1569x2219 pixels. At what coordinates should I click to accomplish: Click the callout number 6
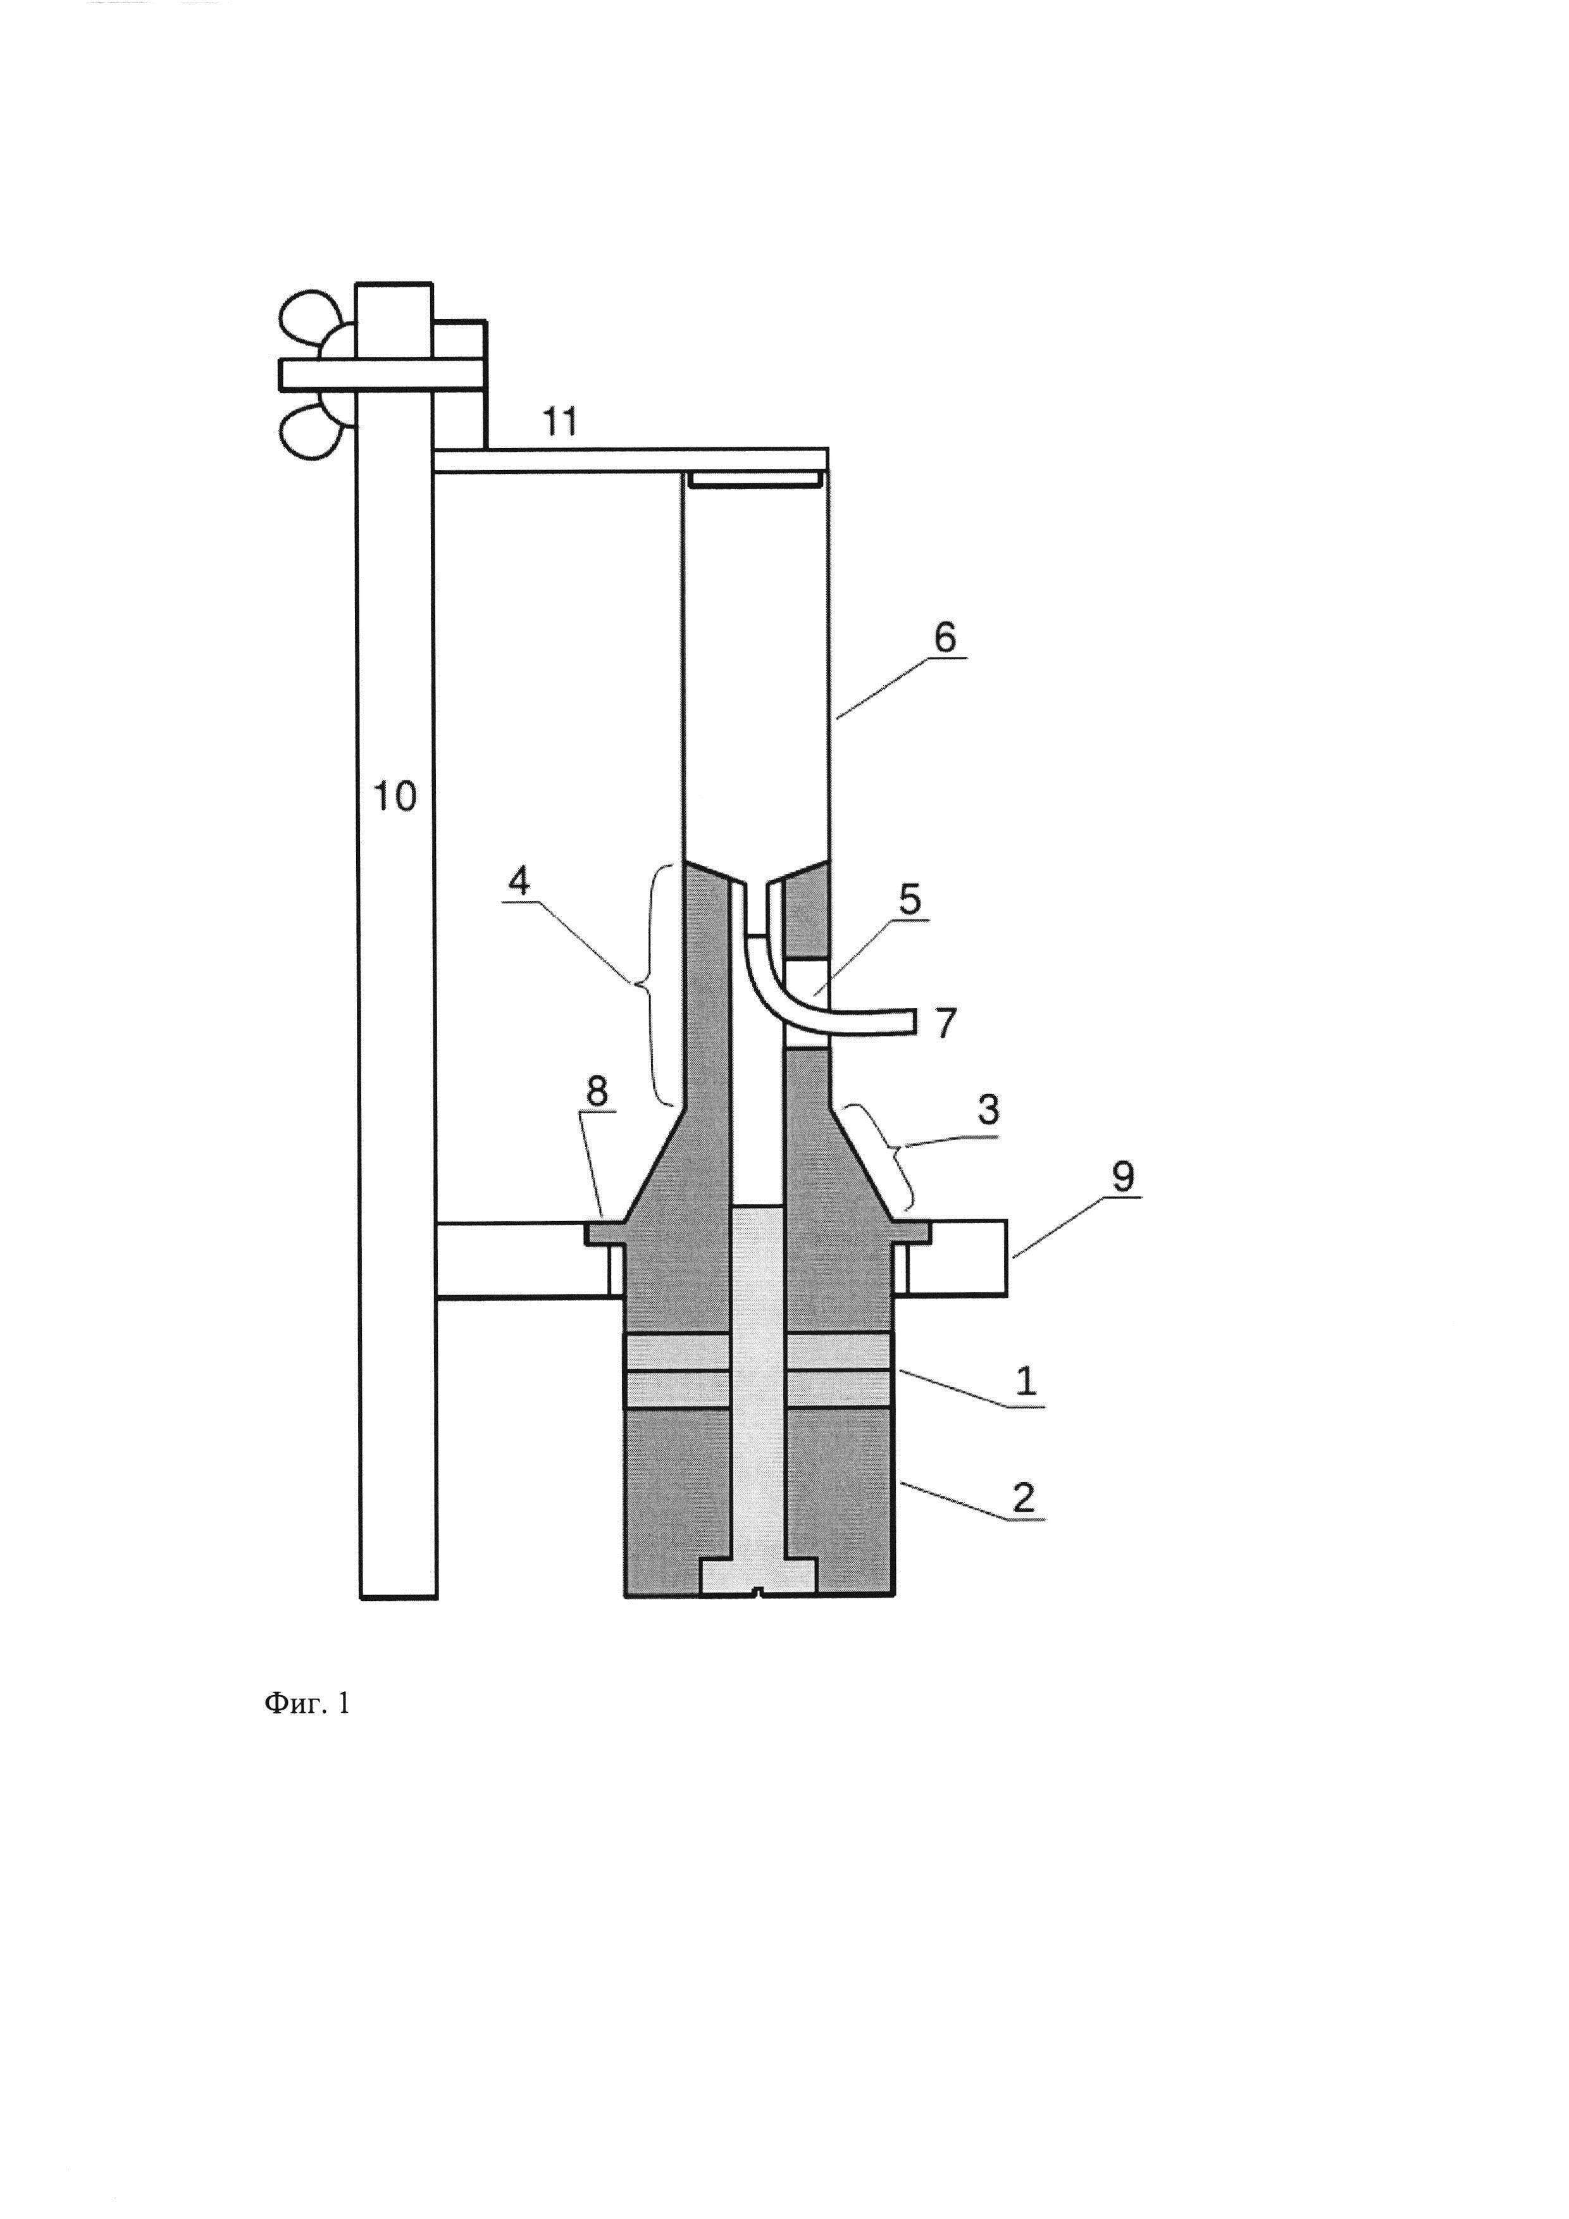[944, 637]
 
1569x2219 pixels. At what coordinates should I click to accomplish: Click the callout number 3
[988, 1110]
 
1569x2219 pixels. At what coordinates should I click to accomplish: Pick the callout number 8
[597, 1091]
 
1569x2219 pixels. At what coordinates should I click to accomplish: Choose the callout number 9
[1122, 1176]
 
